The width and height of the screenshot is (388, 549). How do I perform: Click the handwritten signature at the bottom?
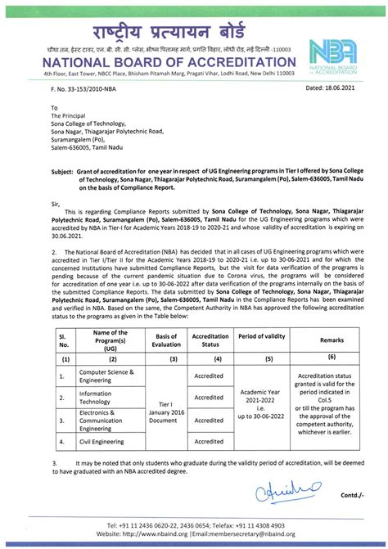[x=284, y=491]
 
